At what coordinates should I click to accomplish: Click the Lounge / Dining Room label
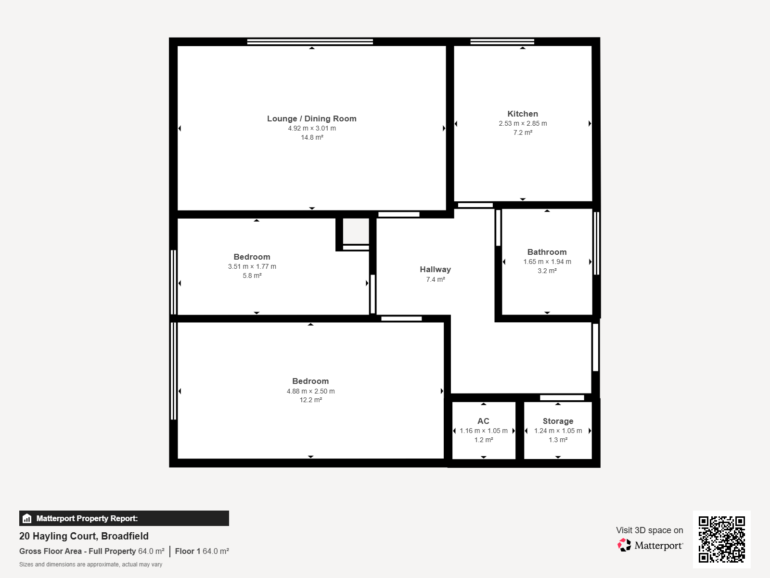tap(311, 118)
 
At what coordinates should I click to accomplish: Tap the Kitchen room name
tap(522, 114)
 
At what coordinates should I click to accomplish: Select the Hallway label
tap(436, 270)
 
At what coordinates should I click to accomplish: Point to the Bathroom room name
tap(547, 252)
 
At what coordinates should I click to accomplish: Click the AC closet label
tap(483, 421)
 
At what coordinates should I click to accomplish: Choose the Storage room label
tap(558, 421)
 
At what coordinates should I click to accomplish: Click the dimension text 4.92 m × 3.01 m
tap(312, 129)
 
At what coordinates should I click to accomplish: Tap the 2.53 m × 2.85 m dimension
tap(523, 123)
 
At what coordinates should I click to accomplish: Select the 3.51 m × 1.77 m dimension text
tap(252, 266)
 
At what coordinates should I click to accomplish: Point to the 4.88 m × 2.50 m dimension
tap(310, 391)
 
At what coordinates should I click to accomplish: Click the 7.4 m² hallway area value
tap(436, 279)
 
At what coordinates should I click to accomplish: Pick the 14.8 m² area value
tap(312, 138)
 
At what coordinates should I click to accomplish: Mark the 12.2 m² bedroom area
tap(310, 400)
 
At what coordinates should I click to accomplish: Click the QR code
tap(721, 539)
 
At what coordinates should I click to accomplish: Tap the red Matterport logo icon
tap(624, 545)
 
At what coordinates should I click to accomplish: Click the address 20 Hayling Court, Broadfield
tap(84, 536)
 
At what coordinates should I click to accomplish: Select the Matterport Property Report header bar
tap(124, 518)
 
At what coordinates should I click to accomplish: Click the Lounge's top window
tap(310, 42)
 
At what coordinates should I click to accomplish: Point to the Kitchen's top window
tap(502, 42)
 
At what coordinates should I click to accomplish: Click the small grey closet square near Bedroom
tap(356, 231)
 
